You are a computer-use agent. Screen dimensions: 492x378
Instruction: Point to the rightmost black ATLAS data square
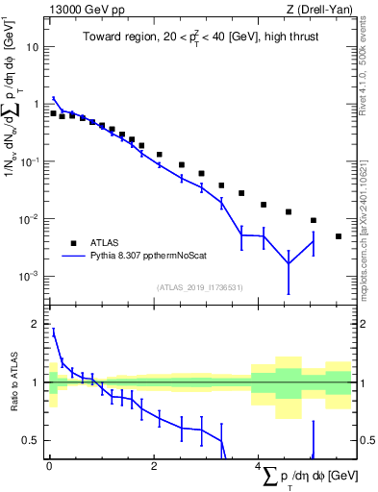click(339, 236)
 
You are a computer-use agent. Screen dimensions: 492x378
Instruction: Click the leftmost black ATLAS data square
click(54, 113)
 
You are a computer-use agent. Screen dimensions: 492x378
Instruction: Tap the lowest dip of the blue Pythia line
click(289, 264)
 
